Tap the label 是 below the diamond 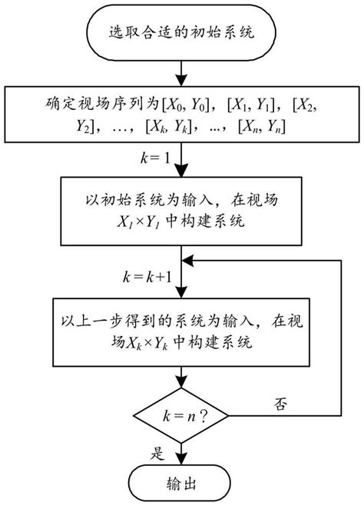tap(158, 453)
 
